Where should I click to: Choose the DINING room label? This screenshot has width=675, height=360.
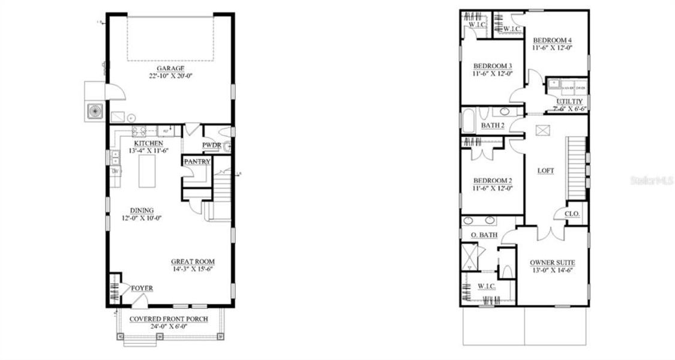pos(143,210)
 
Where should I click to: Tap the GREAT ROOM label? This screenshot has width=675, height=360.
pos(193,262)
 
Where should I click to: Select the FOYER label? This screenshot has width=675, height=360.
pos(142,289)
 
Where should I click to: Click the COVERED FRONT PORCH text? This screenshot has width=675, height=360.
pos(169,319)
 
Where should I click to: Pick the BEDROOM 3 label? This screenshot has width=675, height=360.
pos(493,66)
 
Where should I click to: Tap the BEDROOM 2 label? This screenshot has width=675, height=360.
pos(493,181)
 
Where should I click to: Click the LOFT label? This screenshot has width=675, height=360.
pos(545,170)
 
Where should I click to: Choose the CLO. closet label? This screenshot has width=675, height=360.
pos(572,214)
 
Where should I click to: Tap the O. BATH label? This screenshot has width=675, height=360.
pos(483,235)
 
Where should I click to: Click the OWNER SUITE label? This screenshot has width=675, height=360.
pos(553,263)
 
